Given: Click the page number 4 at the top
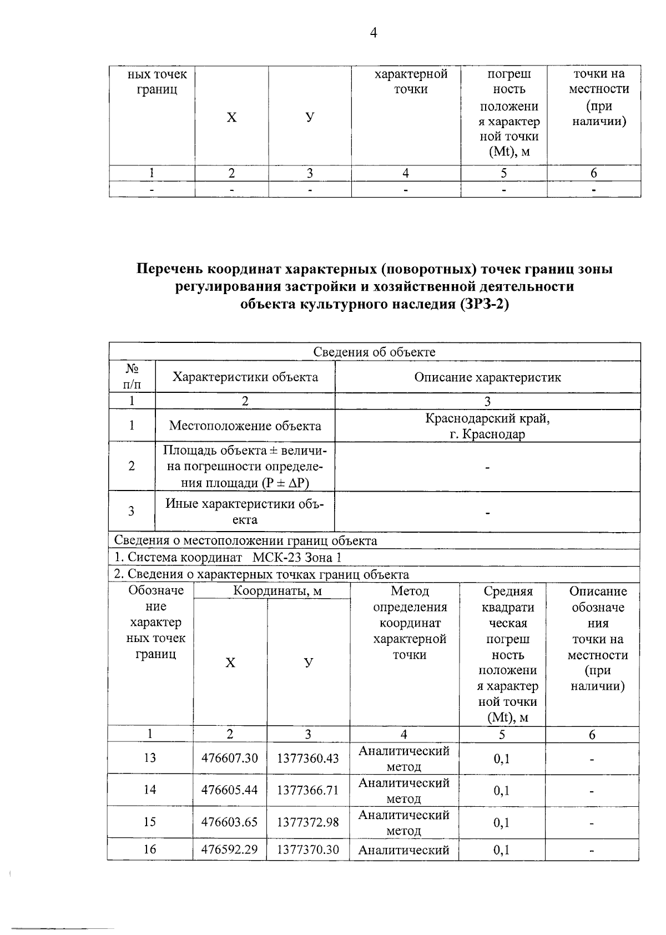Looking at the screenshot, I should click(x=373, y=33).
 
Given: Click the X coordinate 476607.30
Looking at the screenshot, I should click(x=229, y=758).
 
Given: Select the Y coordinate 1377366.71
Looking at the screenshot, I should click(x=307, y=790).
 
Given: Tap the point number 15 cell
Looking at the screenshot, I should click(x=150, y=822).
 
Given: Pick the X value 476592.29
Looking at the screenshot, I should click(x=229, y=850).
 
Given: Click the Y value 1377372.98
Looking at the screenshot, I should click(x=307, y=822).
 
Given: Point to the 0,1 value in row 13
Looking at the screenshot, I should click(x=502, y=759).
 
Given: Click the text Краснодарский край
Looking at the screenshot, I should click(x=487, y=418).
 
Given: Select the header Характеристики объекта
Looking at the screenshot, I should click(x=245, y=377).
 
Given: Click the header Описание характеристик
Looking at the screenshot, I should click(x=487, y=377).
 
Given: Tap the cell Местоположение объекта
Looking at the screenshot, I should click(x=245, y=426).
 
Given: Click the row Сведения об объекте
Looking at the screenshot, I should click(x=374, y=352).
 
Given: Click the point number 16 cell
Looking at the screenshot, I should click(x=150, y=850).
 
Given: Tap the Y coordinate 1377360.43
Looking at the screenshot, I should click(x=307, y=758).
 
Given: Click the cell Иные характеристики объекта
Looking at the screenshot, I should click(x=245, y=511).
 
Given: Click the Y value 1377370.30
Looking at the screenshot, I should click(x=307, y=850).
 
